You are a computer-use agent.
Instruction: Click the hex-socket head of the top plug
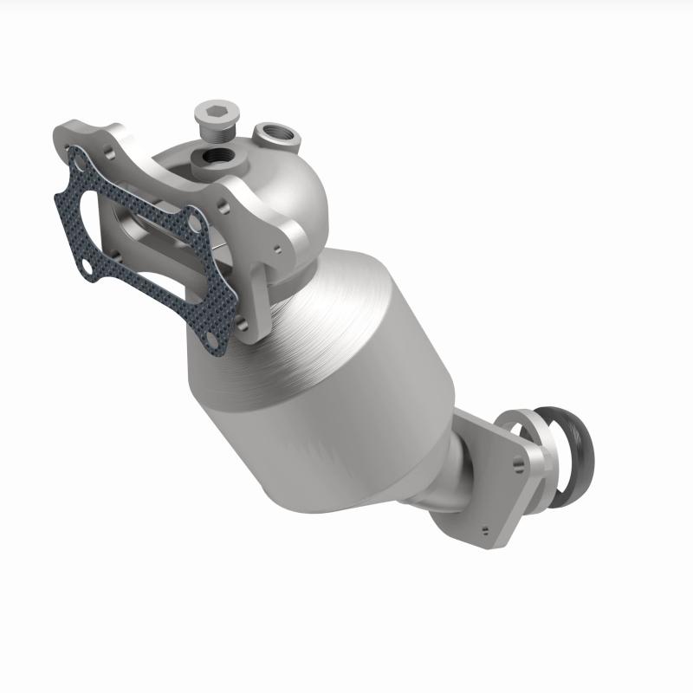[213, 111]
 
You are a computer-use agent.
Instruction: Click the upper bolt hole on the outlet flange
[517, 464]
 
